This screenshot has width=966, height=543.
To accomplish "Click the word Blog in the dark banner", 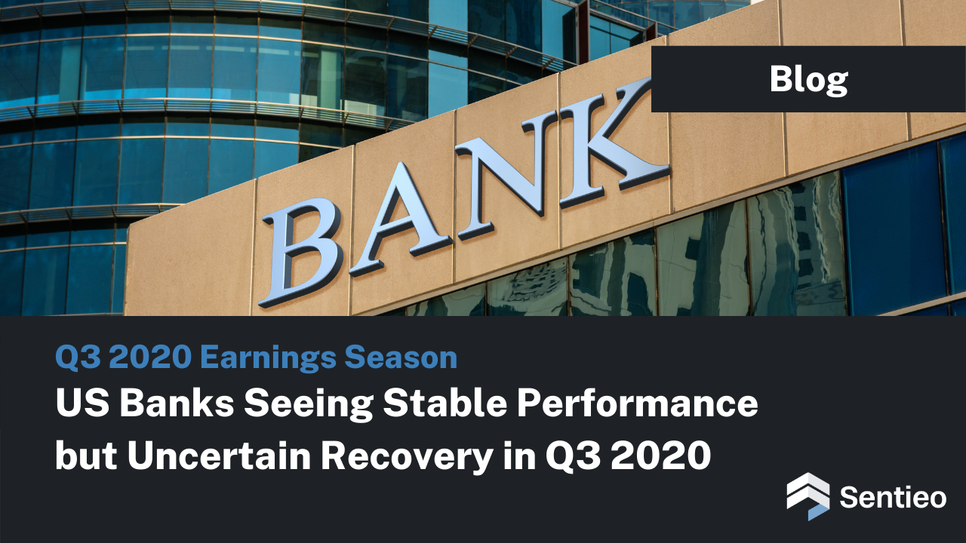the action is pos(808,80).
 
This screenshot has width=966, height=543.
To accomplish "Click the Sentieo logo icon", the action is pos(808,496).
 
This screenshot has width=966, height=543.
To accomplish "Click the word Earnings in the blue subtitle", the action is pos(268,358).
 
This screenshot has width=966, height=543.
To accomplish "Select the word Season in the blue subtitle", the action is pos(401,357).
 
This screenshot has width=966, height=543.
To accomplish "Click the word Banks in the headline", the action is pos(177,403).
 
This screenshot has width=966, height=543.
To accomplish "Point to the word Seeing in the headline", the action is pos(309,405).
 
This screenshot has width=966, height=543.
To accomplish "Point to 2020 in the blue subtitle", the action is pos(150,357).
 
